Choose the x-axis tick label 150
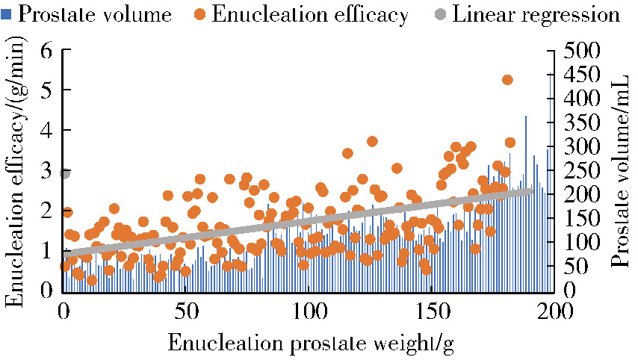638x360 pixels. (433, 309)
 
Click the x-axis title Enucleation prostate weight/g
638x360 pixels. (311, 343)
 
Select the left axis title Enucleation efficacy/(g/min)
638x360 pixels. (16, 172)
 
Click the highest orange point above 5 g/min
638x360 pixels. (507, 80)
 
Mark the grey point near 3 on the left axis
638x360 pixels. (64, 173)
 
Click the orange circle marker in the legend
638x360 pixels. (202, 14)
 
